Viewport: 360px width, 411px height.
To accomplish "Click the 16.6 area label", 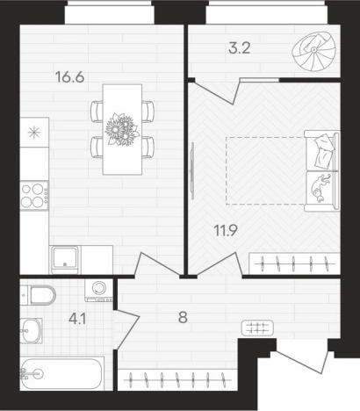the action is [x=69, y=77].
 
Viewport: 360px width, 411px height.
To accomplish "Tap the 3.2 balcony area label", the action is [x=240, y=48].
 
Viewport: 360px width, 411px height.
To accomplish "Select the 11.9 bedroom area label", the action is [x=226, y=231].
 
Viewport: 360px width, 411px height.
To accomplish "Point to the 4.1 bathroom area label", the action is [x=77, y=319].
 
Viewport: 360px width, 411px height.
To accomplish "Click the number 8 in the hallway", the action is [x=183, y=317].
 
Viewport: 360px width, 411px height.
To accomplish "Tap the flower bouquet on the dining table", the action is [x=122, y=129].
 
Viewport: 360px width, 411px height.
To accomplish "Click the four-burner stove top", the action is [x=34, y=195].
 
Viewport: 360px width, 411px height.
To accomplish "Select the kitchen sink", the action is [x=65, y=260].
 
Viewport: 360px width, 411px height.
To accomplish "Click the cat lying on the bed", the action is [x=321, y=189].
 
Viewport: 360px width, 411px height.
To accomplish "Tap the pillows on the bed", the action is [x=324, y=151].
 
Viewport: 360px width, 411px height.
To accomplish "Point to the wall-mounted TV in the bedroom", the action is [x=192, y=170].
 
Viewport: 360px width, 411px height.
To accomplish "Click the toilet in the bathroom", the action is [x=38, y=295].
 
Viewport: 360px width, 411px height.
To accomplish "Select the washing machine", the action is [x=99, y=290].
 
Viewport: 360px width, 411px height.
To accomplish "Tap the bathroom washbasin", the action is [x=31, y=331].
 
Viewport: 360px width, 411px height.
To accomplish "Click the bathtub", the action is [x=62, y=373].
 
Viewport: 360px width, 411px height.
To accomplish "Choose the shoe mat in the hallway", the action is [x=257, y=328].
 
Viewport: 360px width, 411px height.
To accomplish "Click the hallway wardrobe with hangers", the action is [x=177, y=380].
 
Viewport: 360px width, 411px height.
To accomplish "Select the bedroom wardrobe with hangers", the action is [x=294, y=263].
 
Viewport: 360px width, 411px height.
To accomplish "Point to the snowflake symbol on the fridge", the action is [x=34, y=133].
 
